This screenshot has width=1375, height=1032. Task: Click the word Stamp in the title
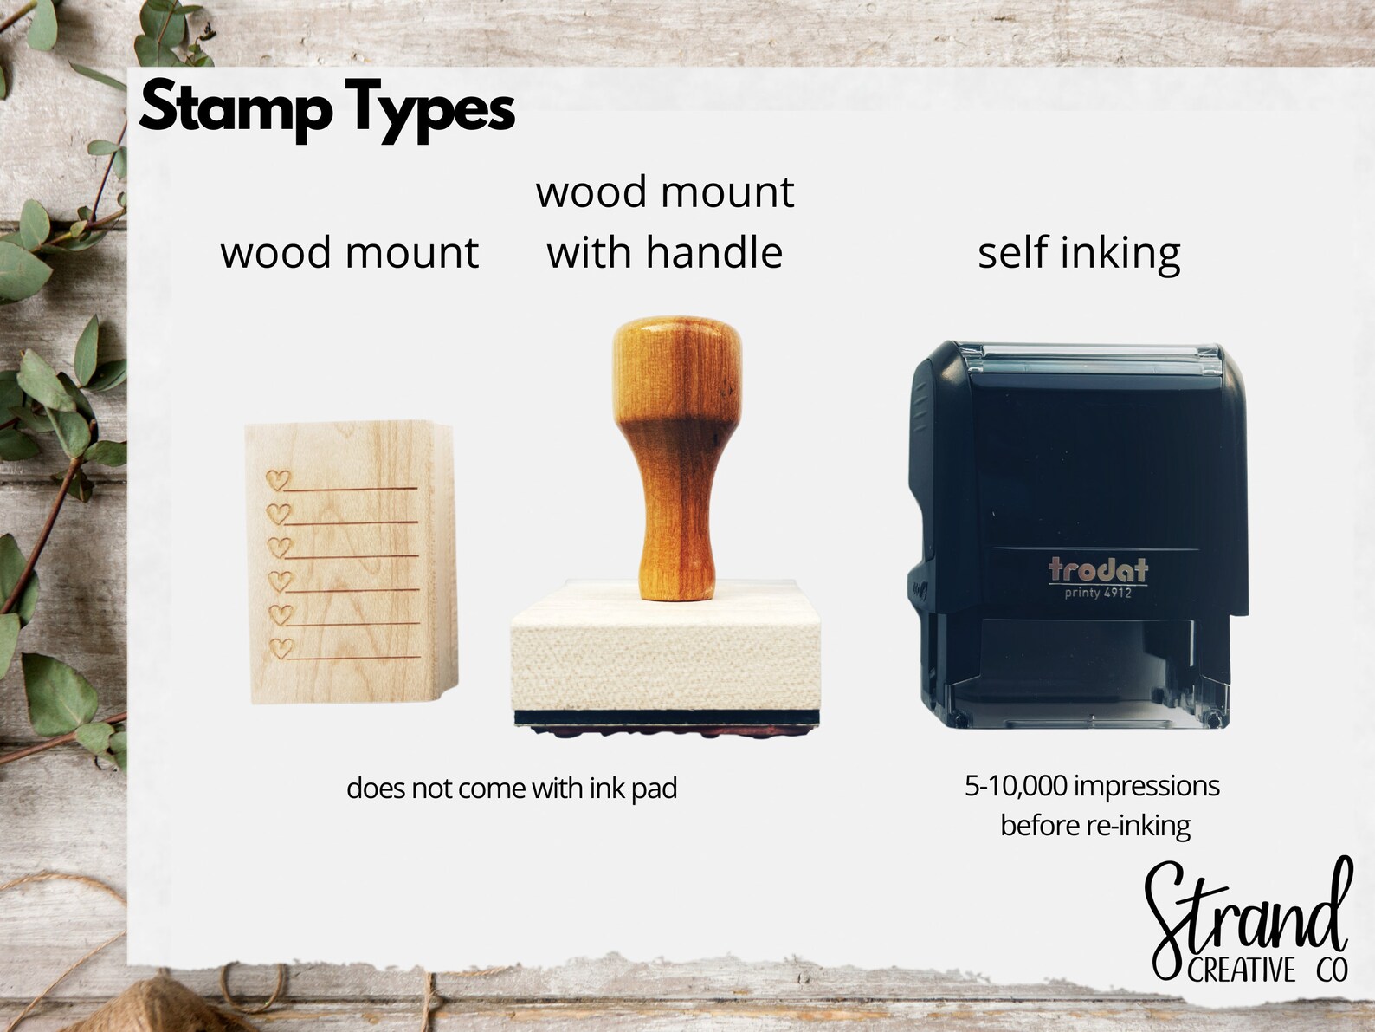(x=236, y=107)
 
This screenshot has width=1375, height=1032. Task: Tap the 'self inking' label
(x=1079, y=254)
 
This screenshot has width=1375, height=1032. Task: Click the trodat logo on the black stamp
(x=1097, y=569)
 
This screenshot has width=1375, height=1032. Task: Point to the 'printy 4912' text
(x=1097, y=594)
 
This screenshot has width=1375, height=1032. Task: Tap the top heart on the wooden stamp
(x=278, y=480)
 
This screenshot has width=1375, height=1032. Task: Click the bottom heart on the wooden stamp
(x=280, y=647)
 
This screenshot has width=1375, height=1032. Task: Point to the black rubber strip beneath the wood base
(x=665, y=717)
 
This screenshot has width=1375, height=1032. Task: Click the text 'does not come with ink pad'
(x=512, y=789)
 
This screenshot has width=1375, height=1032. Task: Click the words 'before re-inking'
(x=1095, y=825)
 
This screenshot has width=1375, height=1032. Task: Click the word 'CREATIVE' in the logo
(x=1241, y=970)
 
